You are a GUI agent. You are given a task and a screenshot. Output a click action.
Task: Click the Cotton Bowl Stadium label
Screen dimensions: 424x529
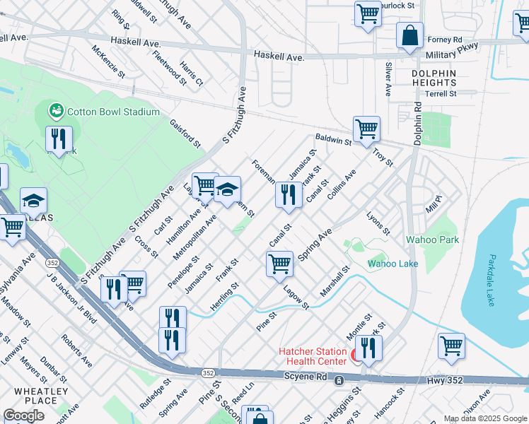(x=113, y=112)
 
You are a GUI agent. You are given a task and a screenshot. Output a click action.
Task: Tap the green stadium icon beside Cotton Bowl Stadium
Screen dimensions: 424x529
(x=56, y=111)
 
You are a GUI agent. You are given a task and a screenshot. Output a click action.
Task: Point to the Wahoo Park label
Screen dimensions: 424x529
(x=432, y=240)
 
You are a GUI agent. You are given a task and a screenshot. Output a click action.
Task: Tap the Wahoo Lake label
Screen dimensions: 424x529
(x=393, y=264)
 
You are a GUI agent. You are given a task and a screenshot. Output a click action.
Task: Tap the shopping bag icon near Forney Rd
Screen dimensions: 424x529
(x=409, y=35)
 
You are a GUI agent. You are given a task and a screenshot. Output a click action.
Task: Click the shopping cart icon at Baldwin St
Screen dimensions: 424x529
(x=366, y=129)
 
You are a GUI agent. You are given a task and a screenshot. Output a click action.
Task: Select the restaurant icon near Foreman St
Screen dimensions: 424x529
(x=288, y=194)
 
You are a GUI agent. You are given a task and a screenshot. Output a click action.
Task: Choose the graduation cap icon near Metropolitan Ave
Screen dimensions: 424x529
(x=227, y=189)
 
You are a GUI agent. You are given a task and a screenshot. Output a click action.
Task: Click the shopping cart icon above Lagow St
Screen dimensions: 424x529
(x=279, y=264)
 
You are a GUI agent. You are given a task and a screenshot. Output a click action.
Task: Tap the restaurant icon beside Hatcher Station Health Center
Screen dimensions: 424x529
(x=368, y=348)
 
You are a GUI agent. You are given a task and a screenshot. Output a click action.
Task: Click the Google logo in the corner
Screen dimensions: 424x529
(x=23, y=416)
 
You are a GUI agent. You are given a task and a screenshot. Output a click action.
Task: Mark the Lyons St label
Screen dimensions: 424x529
(x=378, y=222)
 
